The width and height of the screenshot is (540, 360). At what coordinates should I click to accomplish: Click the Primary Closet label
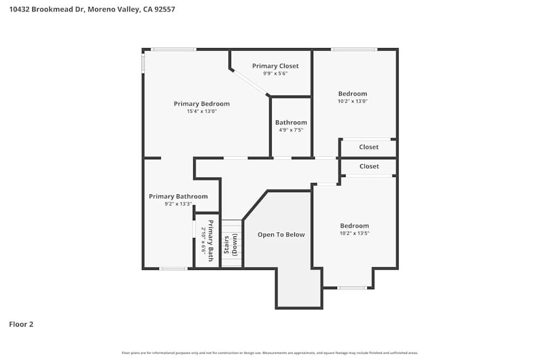click(275, 66)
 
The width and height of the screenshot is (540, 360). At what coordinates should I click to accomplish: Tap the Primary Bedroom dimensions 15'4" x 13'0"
click(201, 111)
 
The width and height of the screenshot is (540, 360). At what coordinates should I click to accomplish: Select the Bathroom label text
click(291, 123)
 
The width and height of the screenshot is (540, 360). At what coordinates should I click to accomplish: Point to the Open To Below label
click(281, 234)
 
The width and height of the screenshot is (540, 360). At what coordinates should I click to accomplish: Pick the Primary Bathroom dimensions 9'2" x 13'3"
click(178, 204)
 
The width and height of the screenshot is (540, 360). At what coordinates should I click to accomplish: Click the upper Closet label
click(369, 147)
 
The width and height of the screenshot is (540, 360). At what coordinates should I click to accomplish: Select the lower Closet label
click(369, 166)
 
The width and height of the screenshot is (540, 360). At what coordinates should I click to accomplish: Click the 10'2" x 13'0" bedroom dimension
click(353, 101)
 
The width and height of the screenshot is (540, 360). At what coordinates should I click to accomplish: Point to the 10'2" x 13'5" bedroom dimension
click(354, 233)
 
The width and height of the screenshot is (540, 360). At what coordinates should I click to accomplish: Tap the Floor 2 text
click(21, 324)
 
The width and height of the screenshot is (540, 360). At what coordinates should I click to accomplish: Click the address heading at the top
click(92, 9)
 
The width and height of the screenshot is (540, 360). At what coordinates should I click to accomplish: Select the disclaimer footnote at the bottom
click(269, 353)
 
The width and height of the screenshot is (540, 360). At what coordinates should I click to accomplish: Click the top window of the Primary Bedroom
click(173, 49)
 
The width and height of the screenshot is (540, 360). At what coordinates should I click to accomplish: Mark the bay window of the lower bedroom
click(352, 288)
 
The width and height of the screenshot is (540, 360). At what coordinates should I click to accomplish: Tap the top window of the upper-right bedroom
click(354, 49)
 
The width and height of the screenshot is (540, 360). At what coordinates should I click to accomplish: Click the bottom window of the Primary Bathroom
click(173, 268)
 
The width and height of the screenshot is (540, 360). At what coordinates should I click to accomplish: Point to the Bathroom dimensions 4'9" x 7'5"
click(291, 130)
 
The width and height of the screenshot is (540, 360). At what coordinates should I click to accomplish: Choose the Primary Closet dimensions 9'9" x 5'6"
click(275, 73)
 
